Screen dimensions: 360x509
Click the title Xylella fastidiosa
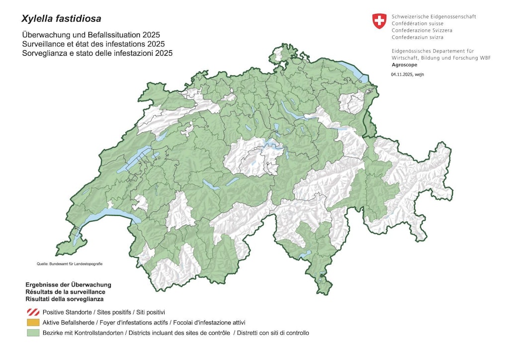point(61,19)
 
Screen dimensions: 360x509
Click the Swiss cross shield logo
point(379,21)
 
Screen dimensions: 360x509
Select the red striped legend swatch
point(33,312)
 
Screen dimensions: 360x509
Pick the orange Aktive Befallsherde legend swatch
point(33,323)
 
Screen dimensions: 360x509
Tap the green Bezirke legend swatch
point(33,333)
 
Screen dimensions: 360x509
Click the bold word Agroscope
point(405,65)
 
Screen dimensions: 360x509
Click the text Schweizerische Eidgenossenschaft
point(433,16)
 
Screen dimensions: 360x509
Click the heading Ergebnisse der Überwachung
point(68,285)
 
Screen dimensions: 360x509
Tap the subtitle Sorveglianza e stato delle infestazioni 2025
point(97,53)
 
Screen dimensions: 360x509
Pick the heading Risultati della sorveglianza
point(65,299)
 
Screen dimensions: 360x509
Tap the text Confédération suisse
point(417,23)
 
